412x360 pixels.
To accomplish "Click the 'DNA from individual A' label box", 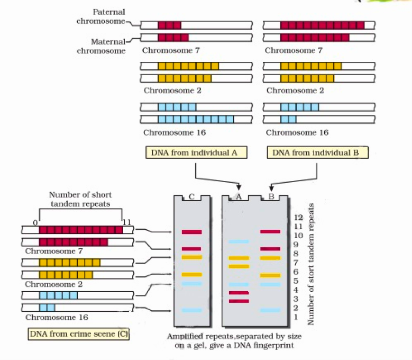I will point(196,152).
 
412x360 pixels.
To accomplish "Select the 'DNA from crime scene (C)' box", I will point(79,334).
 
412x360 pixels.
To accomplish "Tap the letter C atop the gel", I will point(191,197).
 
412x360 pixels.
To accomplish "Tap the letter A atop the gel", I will point(239,197).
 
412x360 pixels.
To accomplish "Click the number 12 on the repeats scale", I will point(297,217).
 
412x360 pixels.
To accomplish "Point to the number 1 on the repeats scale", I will point(296,317).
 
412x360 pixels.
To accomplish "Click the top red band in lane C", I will point(191,232).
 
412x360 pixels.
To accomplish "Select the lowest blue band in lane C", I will point(191,310).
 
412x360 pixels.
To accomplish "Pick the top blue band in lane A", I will point(239,241).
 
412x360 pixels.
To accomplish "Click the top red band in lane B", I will point(270,231).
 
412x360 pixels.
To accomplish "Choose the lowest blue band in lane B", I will point(270,310).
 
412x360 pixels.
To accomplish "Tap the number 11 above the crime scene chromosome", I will point(126,223).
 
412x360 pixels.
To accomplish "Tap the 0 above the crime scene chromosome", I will point(35,223).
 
